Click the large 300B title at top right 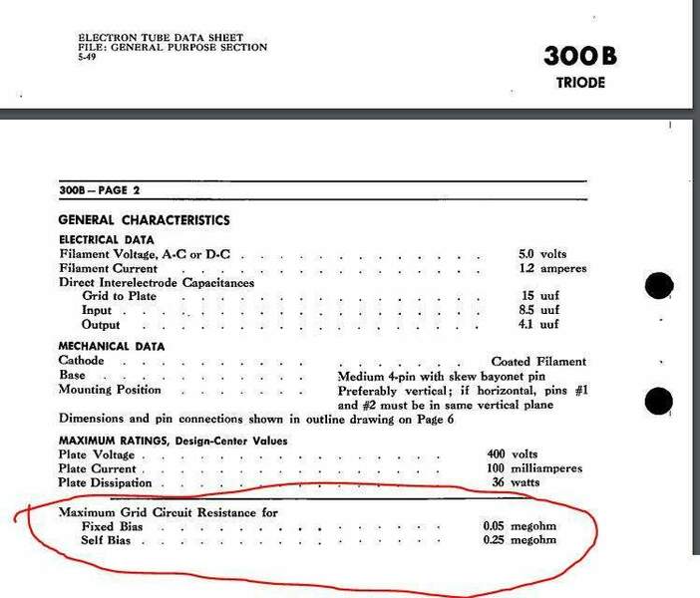pyautogui.click(x=580, y=56)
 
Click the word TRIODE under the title pyautogui.click(x=580, y=84)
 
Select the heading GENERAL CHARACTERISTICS pyautogui.click(x=144, y=219)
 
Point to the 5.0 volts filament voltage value pyautogui.click(x=545, y=254)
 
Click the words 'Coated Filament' pyautogui.click(x=538, y=361)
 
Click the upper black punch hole pyautogui.click(x=660, y=287)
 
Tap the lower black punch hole pyautogui.click(x=660, y=401)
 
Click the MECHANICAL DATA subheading pyautogui.click(x=112, y=346)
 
